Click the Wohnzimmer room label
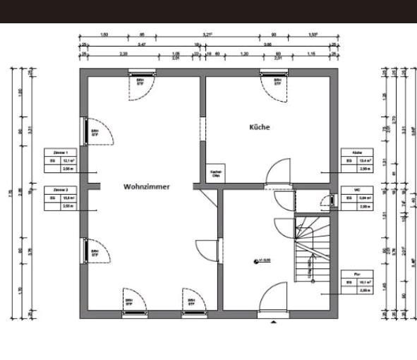(147, 187)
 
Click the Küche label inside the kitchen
(260, 128)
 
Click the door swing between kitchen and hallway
(279, 172)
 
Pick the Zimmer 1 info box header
(60, 152)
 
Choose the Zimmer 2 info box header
(60, 190)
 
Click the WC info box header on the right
(356, 190)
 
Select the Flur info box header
(356, 274)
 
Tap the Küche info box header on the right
(356, 152)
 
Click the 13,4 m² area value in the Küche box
(365, 161)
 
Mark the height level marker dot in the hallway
(255, 261)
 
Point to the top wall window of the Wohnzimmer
(141, 72)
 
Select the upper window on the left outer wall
(83, 131)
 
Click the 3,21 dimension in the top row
(207, 34)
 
